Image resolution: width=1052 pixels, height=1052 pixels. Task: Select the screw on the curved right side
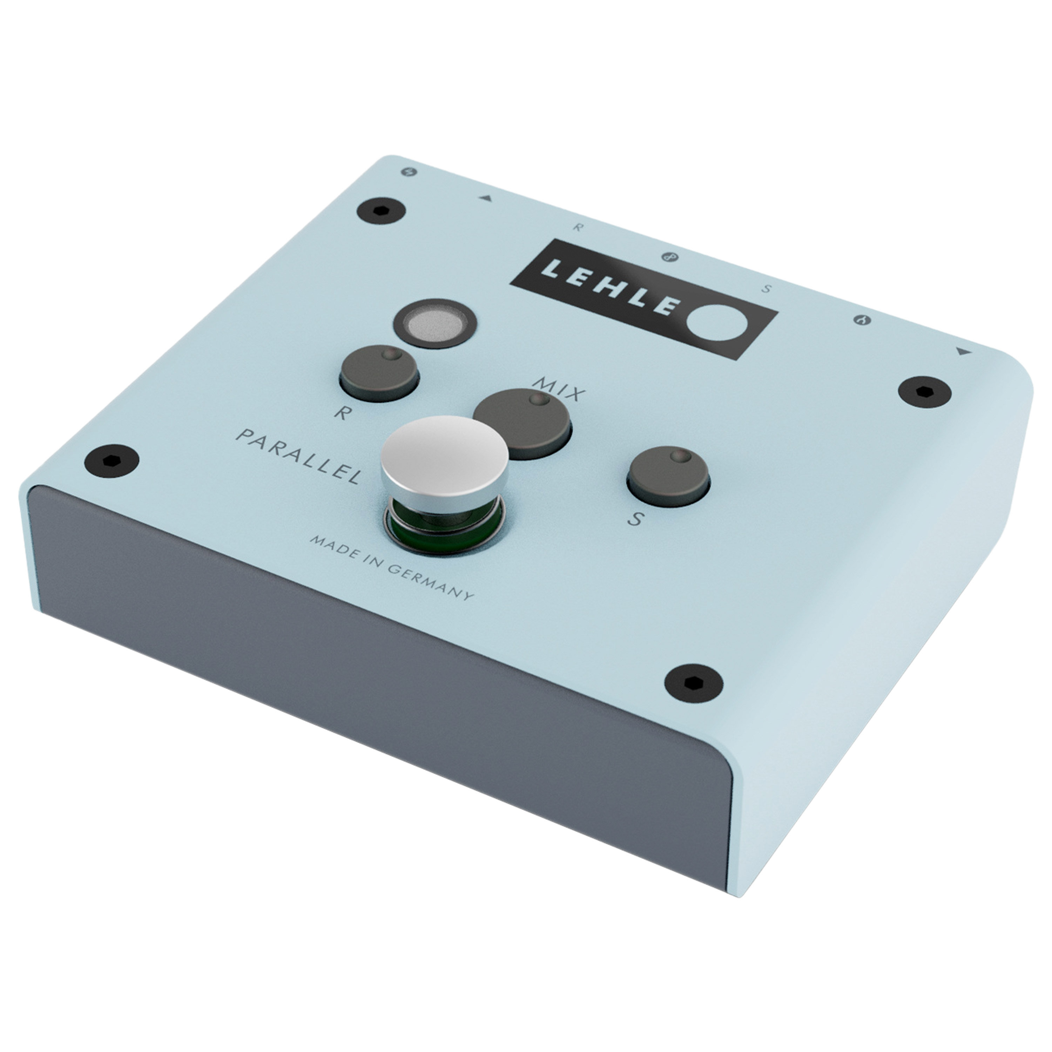coord(924,390)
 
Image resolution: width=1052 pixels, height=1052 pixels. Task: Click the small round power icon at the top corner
coord(412,173)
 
